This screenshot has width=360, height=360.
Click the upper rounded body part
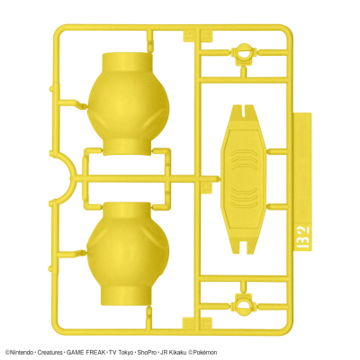click(x=128, y=103)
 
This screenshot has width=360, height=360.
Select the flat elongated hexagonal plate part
click(x=243, y=179)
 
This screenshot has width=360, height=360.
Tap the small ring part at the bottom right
click(x=244, y=304)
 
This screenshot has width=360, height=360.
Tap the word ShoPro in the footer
click(x=147, y=352)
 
